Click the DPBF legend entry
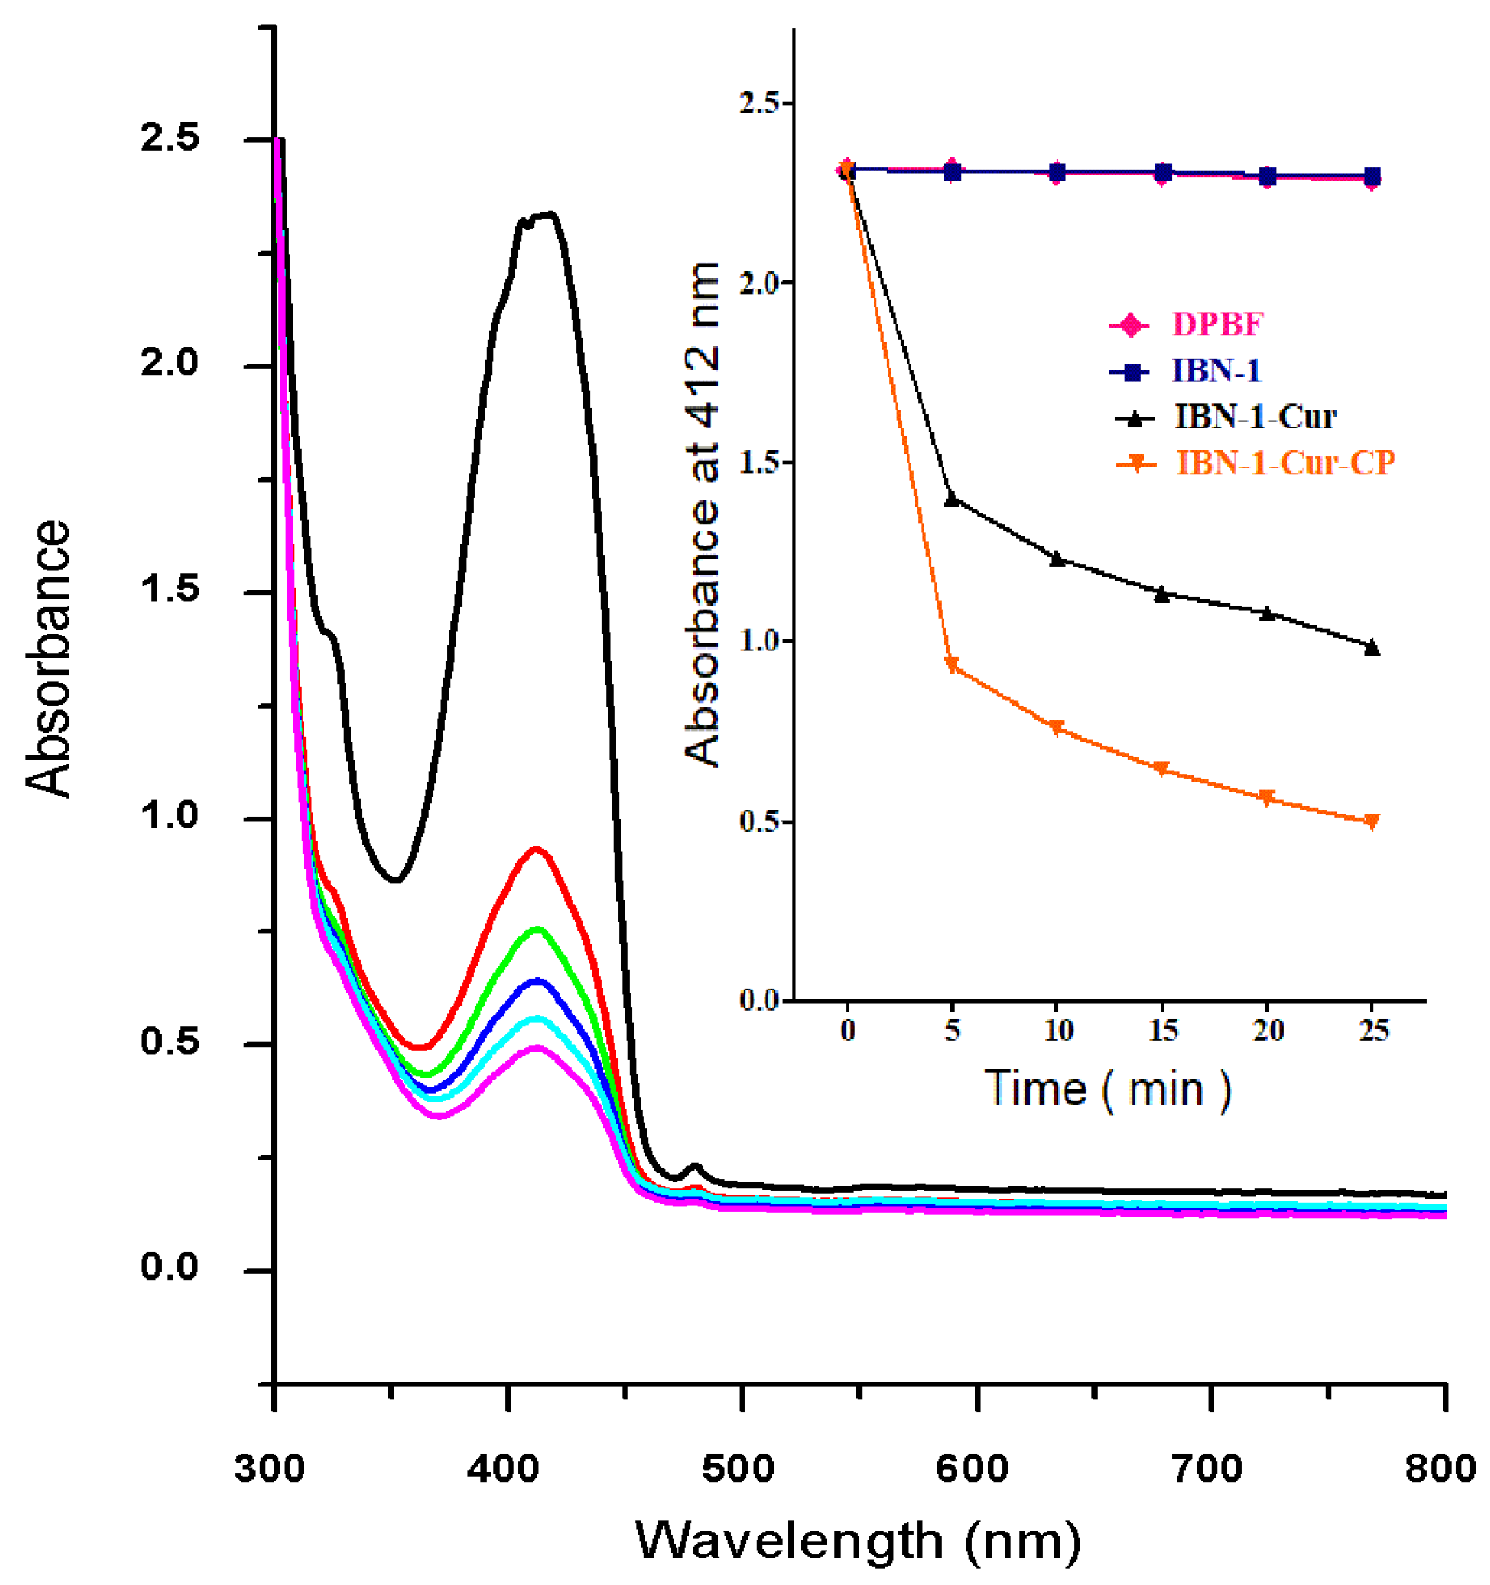pyautogui.click(x=1216, y=325)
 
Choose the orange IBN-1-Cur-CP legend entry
pyautogui.click(x=1285, y=463)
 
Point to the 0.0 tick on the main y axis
pyautogui.click(x=170, y=1267)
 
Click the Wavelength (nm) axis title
pyautogui.click(x=858, y=1540)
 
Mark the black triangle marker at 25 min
pyautogui.click(x=1372, y=647)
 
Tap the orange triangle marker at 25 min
pyautogui.click(x=1372, y=821)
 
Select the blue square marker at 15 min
pyautogui.click(x=1163, y=173)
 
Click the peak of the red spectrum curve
pyautogui.click(x=537, y=850)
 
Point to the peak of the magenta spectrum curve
pyautogui.click(x=537, y=1050)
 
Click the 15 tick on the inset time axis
pyautogui.click(x=1163, y=1031)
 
